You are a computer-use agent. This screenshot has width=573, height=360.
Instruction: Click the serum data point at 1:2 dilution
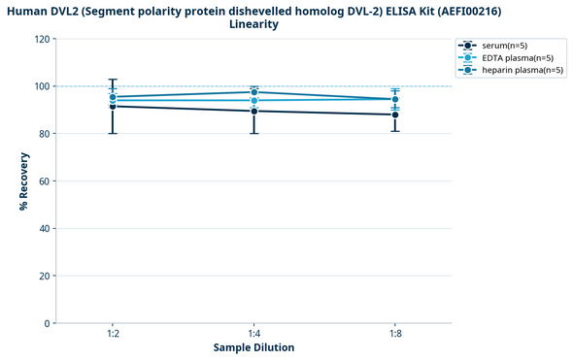[x=113, y=106]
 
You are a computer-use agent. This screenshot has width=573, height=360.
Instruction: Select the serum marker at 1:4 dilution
[x=253, y=111]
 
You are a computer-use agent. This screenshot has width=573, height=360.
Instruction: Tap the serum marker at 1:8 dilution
[x=394, y=115]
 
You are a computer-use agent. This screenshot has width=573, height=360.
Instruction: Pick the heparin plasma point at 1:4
[x=253, y=92]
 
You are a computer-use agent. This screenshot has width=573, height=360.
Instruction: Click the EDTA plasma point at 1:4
[x=253, y=100]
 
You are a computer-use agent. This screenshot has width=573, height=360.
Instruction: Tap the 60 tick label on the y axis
[x=44, y=181]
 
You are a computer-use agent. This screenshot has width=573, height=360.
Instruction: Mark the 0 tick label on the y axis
[x=47, y=323]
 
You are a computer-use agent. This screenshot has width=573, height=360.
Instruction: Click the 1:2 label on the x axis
[x=113, y=333]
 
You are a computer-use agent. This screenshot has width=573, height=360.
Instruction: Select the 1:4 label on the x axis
[x=253, y=333]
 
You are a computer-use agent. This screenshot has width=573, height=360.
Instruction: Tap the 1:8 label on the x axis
[x=394, y=333]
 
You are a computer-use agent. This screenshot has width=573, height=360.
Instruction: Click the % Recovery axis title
[x=22, y=181]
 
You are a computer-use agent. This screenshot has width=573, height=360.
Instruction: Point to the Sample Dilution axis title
[x=253, y=347]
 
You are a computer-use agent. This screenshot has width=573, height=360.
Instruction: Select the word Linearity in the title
[x=253, y=24]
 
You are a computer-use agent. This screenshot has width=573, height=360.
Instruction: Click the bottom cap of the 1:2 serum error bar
[x=113, y=133]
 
